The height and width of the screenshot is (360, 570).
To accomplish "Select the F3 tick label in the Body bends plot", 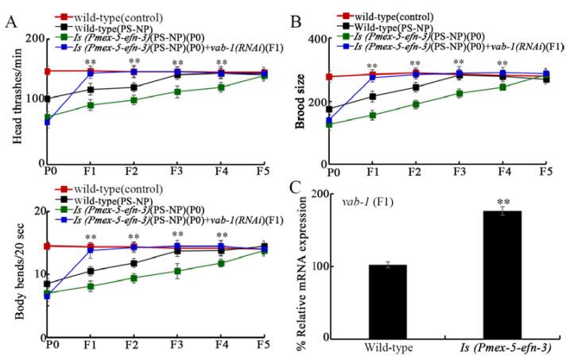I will coord(176,345).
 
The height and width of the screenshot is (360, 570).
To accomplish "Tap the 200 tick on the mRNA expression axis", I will coord(321,195).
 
